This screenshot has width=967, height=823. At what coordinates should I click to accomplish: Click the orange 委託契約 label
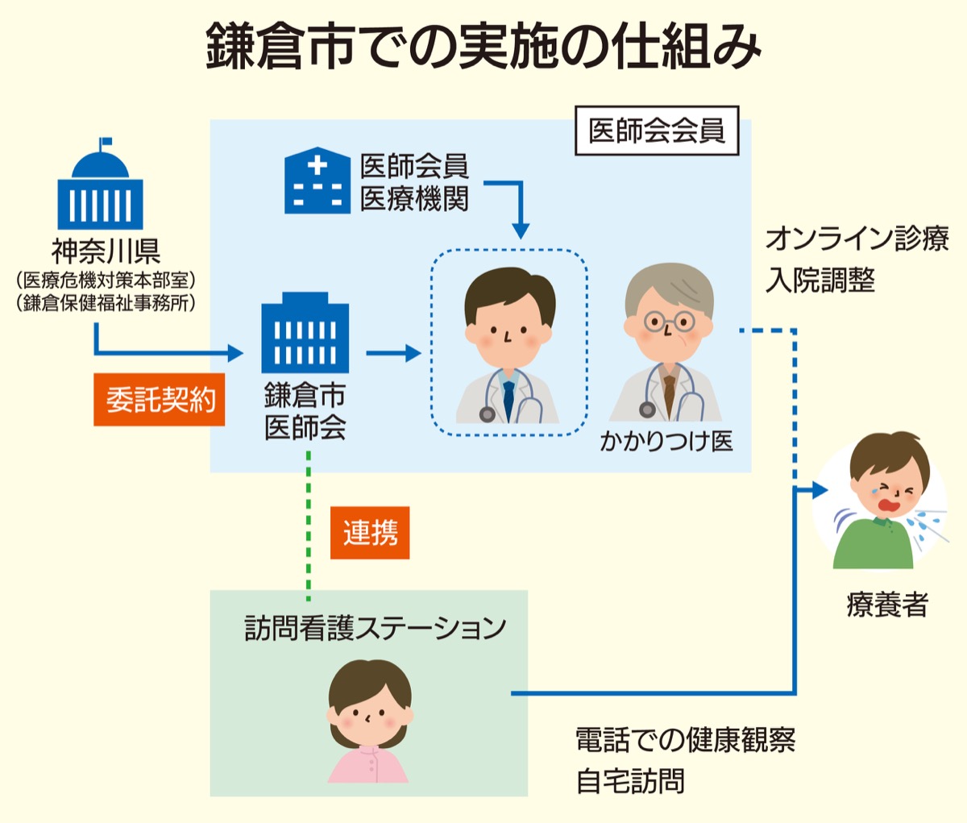pos(160,399)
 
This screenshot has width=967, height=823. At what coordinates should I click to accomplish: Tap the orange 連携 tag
pos(370,533)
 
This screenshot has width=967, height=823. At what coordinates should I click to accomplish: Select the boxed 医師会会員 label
pos(657,131)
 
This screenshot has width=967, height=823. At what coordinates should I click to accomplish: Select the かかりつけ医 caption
pos(666,441)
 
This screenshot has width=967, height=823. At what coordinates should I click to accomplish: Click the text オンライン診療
pos(857,239)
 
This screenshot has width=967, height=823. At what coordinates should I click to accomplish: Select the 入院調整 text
pos(820,281)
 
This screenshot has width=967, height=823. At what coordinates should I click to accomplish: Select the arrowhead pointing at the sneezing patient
pos(819,489)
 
